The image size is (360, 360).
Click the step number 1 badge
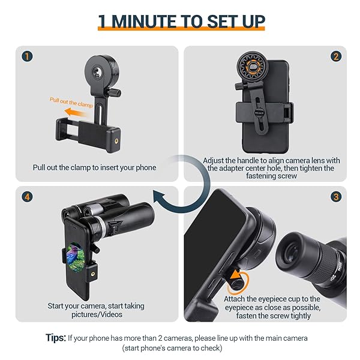tap(26, 57)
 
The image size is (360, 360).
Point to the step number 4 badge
tap(26, 196)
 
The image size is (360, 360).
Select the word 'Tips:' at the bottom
tap(56, 337)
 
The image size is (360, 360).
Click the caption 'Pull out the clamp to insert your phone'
tap(94, 167)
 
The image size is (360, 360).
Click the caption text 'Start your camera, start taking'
tap(96, 306)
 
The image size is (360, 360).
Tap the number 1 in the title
tap(104, 21)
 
